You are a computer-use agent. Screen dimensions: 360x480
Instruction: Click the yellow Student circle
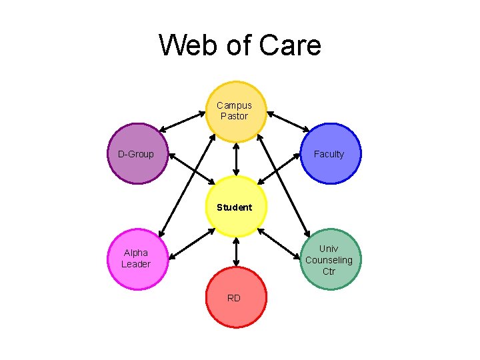click(235, 207)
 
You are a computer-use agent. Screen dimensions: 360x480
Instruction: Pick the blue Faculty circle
click(329, 154)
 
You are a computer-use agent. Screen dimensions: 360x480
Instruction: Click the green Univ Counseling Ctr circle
click(329, 259)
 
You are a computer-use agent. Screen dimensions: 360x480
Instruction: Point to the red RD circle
click(235, 297)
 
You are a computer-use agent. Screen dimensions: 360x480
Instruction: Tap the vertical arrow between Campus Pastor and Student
click(235, 159)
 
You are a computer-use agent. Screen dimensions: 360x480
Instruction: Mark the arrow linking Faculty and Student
click(279, 169)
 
